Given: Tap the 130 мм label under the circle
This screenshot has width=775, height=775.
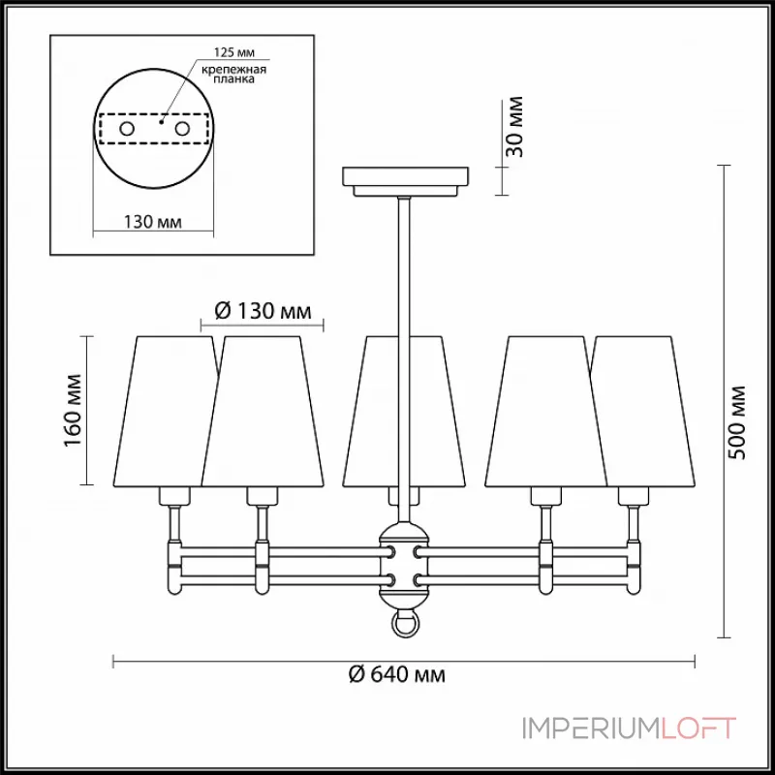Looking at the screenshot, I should pos(153,223).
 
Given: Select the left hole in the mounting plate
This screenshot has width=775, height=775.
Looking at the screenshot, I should pos(126,128).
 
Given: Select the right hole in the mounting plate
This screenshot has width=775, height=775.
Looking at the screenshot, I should pos(180,128).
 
